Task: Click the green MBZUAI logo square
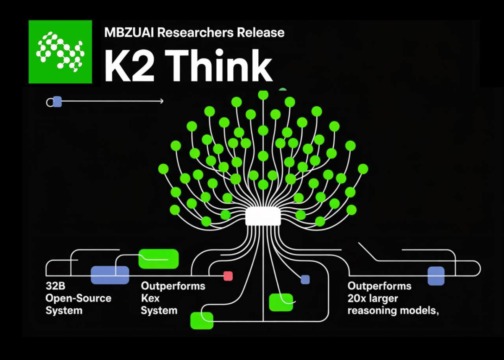(x=60, y=52)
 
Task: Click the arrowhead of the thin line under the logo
(x=161, y=101)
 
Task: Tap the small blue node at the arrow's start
(x=57, y=102)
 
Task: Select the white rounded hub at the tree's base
(x=263, y=216)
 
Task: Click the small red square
(x=228, y=276)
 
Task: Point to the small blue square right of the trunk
(x=305, y=279)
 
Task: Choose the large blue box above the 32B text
(x=110, y=275)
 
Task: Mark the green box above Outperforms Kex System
(x=158, y=259)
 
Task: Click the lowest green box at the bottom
(x=202, y=321)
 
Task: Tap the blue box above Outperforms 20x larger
(x=436, y=276)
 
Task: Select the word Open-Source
(x=79, y=299)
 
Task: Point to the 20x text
(x=357, y=299)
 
